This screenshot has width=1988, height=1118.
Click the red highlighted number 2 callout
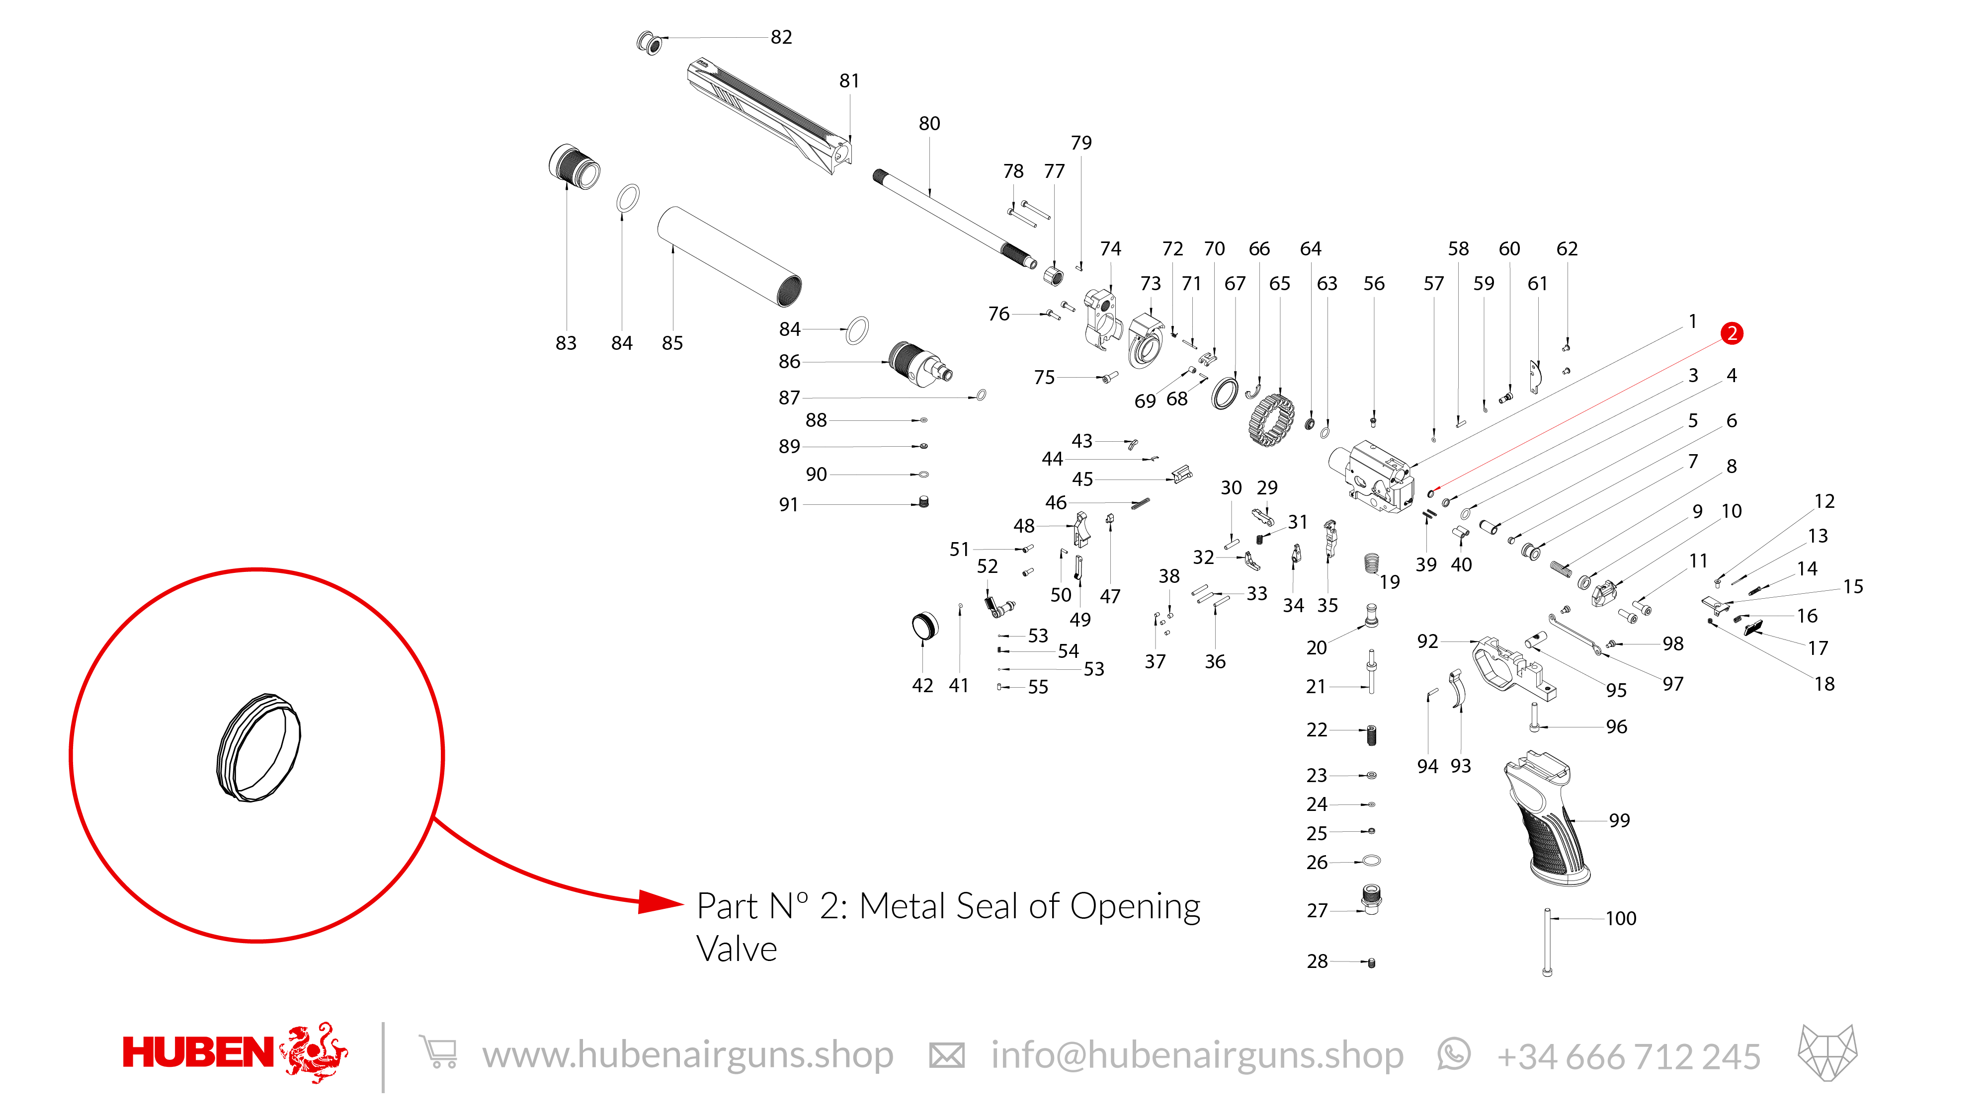[1731, 333]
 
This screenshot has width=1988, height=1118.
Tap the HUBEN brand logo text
[198, 1052]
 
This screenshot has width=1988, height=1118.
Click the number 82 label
[781, 37]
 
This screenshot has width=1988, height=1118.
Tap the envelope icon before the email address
[946, 1055]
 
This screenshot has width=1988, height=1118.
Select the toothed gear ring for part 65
[1270, 420]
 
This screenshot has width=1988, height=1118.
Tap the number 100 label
[1621, 918]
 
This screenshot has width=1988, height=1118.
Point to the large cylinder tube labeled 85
[729, 256]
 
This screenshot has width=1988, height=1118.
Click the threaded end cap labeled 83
[574, 166]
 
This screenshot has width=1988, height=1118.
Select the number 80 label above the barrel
[929, 123]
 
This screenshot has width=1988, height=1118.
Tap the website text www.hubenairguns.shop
[688, 1055]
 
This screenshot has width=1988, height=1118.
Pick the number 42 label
[922, 685]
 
